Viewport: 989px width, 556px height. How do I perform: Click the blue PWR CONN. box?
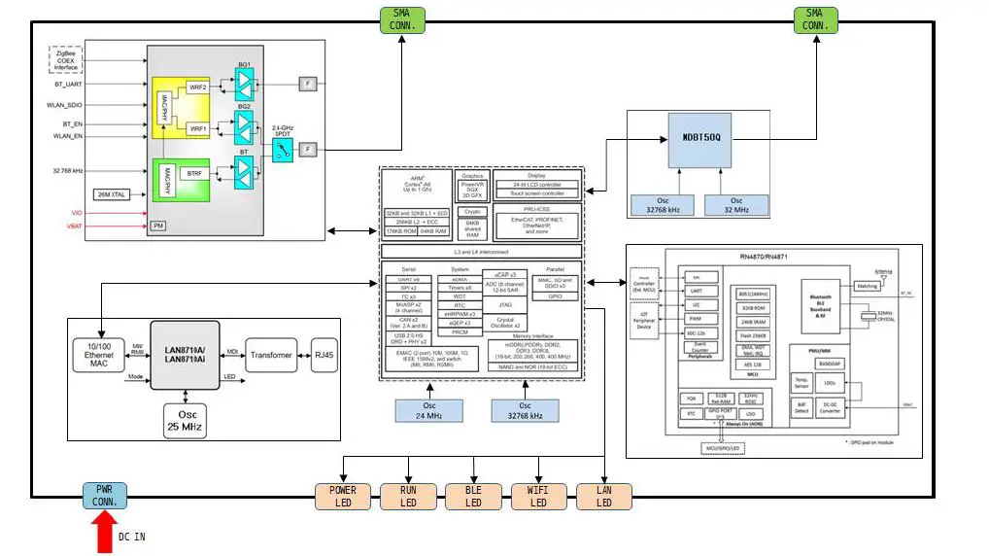coord(105,496)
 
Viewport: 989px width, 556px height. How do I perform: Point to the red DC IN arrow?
coord(105,534)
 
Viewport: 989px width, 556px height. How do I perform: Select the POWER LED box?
coord(343,496)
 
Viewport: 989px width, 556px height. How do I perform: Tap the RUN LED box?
coord(408,496)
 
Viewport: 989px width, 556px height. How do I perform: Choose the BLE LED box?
coord(473,496)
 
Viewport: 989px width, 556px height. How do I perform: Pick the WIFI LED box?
coord(538,496)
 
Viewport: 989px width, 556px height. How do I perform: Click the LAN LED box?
coord(603,496)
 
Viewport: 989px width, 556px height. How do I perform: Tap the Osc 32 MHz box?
coord(733,204)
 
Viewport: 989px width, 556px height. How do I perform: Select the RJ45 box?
coord(323,355)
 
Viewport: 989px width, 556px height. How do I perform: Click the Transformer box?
coord(270,355)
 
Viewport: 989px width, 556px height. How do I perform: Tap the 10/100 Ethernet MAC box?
coord(99,355)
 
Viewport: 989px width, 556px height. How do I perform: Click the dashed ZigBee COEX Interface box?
coord(65,60)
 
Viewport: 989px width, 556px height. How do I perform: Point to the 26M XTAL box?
coord(114,194)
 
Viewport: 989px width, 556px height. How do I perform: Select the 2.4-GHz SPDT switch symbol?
coord(282,149)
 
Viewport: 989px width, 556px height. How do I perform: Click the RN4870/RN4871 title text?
coord(767,259)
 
